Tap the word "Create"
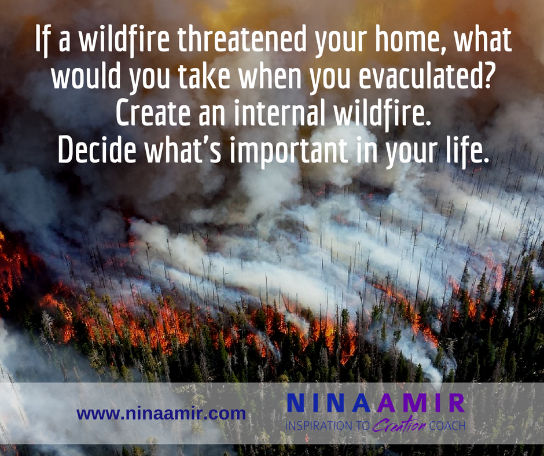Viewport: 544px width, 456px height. pos(153,113)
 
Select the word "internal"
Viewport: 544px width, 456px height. pos(280,113)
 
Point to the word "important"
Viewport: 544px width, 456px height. pos(289,153)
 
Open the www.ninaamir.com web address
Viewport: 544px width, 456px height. pos(161,414)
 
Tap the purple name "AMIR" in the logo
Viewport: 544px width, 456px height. pos(420,403)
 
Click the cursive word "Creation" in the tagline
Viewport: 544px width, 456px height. pos(399,424)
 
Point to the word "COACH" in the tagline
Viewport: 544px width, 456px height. pos(447,426)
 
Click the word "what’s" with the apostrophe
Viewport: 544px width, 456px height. pos(183,150)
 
